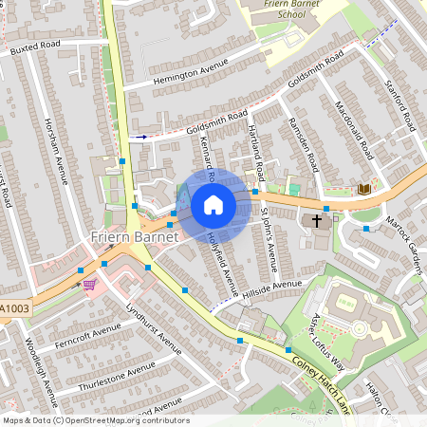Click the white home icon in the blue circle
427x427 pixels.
pos(213,205)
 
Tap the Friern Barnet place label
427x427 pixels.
pos(134,235)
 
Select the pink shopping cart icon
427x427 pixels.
pos(89,284)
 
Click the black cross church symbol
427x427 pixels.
pos(316,221)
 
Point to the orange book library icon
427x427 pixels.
pos(363,189)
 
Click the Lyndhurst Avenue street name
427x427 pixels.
pos(152,326)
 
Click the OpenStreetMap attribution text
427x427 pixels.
pos(96,420)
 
